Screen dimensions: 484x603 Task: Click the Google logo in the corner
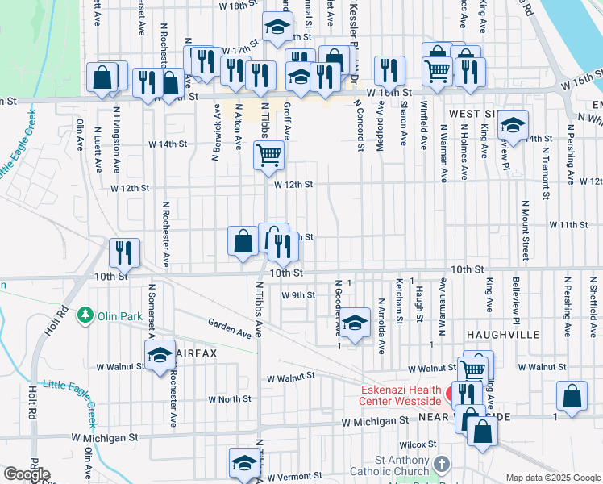point(27,474)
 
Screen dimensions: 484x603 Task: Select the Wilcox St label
point(416,444)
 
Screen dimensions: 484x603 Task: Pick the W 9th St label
point(297,295)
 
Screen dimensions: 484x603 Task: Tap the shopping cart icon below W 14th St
point(268,153)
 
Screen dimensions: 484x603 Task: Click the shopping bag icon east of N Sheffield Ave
point(571,395)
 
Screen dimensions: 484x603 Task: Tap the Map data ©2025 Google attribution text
point(552,478)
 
